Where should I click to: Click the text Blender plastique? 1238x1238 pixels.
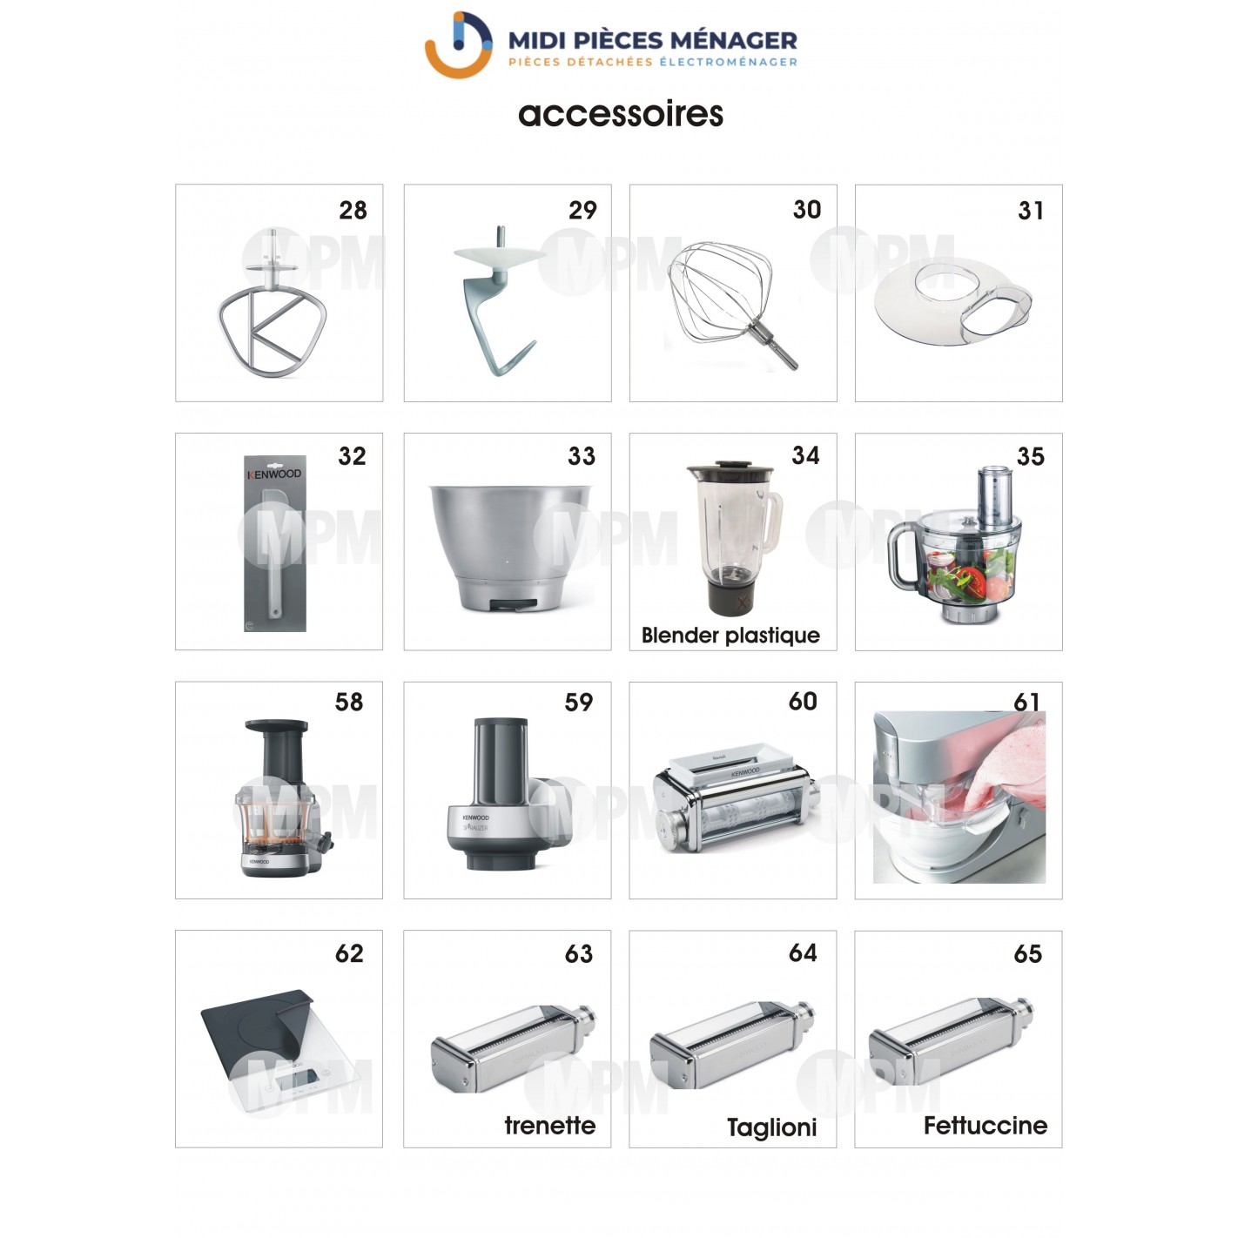(x=730, y=636)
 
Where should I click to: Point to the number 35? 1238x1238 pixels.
(x=1031, y=456)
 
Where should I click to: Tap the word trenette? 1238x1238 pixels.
(x=550, y=1126)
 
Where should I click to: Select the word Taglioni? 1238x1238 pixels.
(x=771, y=1127)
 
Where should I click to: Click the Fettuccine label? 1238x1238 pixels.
(x=985, y=1126)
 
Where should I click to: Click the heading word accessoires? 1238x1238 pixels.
(x=621, y=114)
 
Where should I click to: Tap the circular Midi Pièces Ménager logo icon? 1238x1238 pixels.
(x=459, y=45)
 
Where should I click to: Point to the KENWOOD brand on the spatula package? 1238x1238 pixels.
(x=274, y=474)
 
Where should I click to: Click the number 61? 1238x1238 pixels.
(x=1026, y=702)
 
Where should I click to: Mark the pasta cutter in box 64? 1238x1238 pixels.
(x=732, y=1044)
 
